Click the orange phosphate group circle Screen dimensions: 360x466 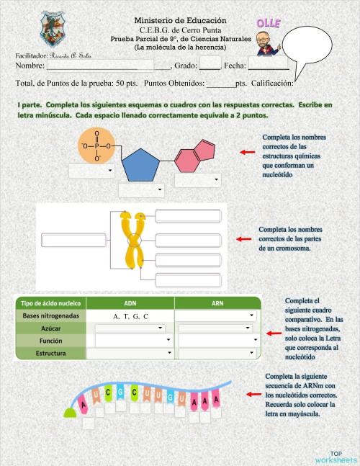pos(96,147)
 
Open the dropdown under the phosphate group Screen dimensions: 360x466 pos(91,171)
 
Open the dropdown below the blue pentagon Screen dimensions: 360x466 pos(141,191)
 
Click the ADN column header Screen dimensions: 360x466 pos(130,303)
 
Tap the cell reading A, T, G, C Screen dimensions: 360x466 pos(130,316)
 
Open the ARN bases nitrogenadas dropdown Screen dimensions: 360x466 pos(217,315)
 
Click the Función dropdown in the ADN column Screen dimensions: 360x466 pos(134,339)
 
